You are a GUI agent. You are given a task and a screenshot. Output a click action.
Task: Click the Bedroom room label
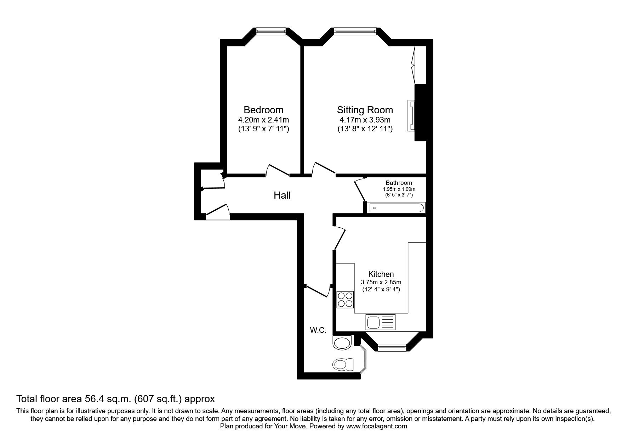pyautogui.click(x=263, y=110)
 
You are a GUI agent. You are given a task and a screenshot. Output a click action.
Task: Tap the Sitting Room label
pyautogui.click(x=365, y=110)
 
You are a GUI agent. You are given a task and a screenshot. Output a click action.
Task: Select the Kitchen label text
pyautogui.click(x=381, y=274)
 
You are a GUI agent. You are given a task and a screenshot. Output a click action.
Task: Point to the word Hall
pyautogui.click(x=282, y=195)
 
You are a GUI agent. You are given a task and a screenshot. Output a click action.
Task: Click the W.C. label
pyautogui.click(x=318, y=330)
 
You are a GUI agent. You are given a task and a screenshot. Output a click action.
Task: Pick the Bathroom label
pyautogui.click(x=399, y=183)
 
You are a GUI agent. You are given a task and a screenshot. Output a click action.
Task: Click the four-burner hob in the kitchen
pyautogui.click(x=345, y=300)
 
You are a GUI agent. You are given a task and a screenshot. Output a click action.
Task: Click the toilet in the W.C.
pyautogui.click(x=343, y=364)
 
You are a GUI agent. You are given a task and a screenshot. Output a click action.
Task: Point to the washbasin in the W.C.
pyautogui.click(x=342, y=343)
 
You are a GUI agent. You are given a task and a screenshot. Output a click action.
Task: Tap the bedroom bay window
pyautogui.click(x=271, y=32)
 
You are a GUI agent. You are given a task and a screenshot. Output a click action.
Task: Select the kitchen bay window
pyautogui.click(x=392, y=347)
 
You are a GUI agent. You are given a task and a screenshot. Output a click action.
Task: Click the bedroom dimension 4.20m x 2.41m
pyautogui.click(x=263, y=120)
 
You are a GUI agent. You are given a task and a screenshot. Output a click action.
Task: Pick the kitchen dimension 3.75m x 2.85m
pyautogui.click(x=381, y=283)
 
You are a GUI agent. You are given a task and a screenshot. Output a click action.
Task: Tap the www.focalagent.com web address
pyautogui.click(x=377, y=426)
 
